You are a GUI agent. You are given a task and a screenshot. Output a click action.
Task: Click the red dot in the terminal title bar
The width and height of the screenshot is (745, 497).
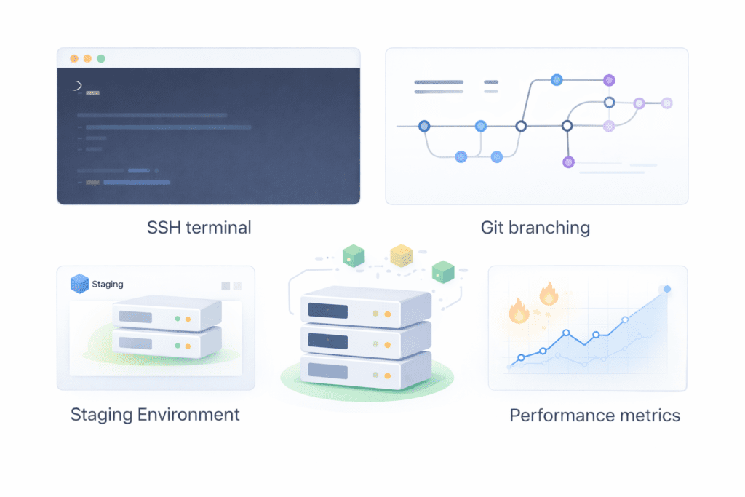coord(73,58)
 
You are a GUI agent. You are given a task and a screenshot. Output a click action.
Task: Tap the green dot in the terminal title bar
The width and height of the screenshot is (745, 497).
coord(101,58)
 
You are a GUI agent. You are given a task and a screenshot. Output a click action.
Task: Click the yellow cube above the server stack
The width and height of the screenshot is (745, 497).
coord(401,255)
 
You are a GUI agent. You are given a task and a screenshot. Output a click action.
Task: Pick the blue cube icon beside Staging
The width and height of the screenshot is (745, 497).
coord(79,284)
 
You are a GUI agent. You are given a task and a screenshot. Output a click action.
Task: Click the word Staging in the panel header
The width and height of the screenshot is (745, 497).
coord(108,284)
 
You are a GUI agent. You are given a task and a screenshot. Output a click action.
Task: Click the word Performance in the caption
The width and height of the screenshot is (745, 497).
coord(560,416)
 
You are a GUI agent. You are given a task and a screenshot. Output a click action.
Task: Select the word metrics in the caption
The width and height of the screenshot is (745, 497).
coord(648,416)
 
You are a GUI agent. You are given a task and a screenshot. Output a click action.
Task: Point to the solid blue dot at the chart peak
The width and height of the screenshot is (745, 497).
coord(667,289)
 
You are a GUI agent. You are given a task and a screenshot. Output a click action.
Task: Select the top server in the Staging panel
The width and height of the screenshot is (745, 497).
coord(166,317)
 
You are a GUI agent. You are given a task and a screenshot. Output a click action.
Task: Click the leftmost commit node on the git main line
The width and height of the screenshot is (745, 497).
coord(424,126)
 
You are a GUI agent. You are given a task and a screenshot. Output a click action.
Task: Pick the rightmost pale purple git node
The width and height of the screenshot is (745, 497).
coord(666,103)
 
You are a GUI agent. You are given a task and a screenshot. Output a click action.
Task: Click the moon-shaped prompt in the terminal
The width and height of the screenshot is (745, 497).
coord(77,87)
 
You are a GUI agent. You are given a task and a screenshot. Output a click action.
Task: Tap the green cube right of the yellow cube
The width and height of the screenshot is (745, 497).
coord(442,271)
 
